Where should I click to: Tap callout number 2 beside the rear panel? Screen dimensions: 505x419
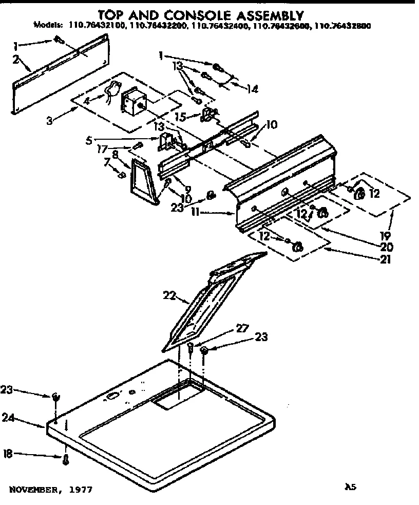15,60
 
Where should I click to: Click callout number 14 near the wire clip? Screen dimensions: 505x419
252,88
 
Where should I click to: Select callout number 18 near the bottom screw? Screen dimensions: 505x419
8,454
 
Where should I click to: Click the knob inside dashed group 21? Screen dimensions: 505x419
296,248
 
